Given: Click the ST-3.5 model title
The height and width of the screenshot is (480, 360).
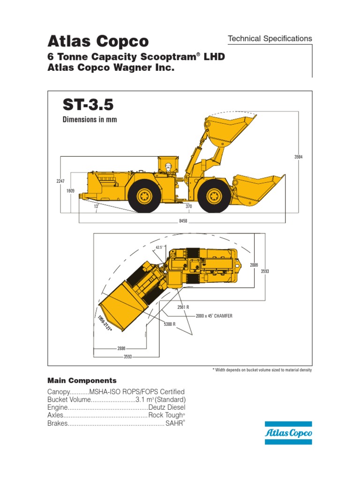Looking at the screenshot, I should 88,104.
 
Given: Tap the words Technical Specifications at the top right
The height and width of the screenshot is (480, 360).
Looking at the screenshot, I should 270,39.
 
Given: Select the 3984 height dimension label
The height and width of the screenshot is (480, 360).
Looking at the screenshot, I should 298,157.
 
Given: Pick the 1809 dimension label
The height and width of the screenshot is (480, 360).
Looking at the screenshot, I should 70,191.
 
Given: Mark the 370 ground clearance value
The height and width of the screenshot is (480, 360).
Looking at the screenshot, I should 189,206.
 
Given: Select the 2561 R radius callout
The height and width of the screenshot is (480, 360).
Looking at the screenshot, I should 183,307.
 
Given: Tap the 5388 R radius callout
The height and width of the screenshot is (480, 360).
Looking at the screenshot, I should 170,324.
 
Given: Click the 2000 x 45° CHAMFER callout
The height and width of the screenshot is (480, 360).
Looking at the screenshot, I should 214,316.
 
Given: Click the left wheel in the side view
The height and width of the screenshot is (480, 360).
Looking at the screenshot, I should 144,195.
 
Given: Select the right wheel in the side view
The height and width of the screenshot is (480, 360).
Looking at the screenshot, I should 214,195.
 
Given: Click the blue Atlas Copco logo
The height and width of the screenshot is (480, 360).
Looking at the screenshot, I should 288,433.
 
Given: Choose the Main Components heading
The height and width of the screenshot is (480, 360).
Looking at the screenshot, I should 82,380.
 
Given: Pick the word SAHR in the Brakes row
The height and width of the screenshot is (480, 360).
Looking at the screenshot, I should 174,423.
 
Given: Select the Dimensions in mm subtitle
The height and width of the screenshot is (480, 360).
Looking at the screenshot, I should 90,120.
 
